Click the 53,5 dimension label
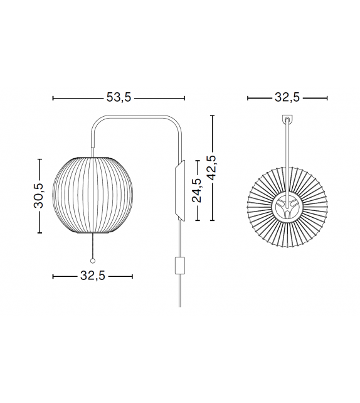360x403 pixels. (119, 98)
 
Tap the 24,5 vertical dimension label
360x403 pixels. (198, 190)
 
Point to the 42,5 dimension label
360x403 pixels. (213, 168)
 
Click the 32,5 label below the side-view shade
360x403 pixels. (93, 276)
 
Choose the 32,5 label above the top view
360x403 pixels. (288, 98)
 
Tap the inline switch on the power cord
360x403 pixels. (179, 265)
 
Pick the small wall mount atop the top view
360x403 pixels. (288, 119)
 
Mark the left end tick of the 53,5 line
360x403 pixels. (53, 98)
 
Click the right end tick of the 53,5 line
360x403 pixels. (185, 98)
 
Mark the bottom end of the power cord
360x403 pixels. (179, 306)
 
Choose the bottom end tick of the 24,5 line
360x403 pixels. (198, 220)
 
